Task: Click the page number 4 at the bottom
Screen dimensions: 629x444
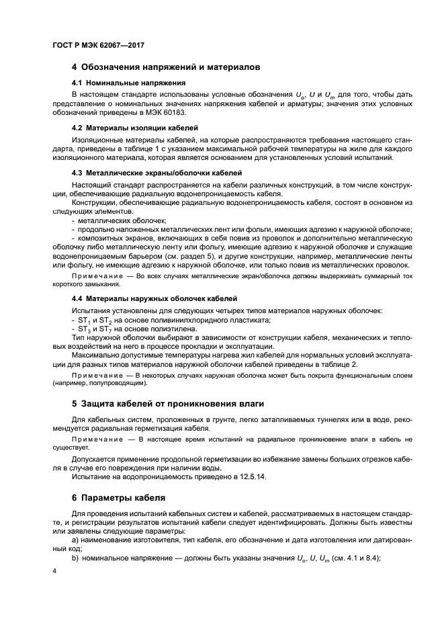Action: point(54,570)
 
